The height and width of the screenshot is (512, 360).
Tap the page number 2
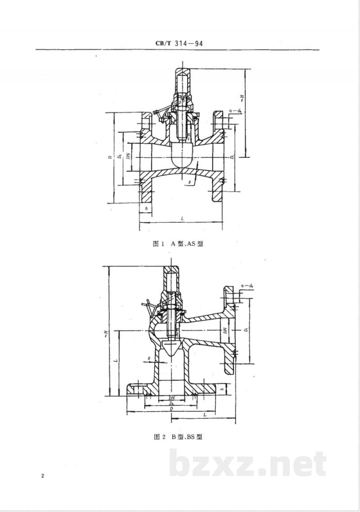42,476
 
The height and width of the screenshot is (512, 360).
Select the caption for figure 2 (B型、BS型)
180,436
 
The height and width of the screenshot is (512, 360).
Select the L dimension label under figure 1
181,218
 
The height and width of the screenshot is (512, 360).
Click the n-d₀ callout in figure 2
247,285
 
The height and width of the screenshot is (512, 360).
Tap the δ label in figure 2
148,358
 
